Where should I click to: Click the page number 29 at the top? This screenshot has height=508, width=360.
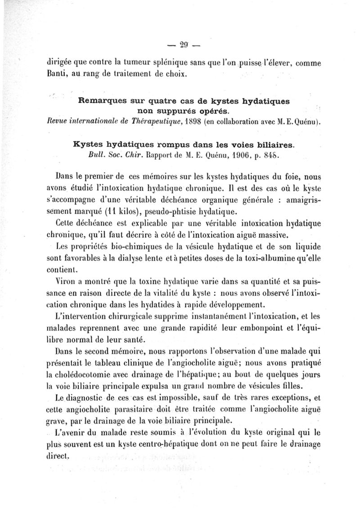tap(183, 45)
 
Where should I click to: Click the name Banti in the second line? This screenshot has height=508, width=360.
tap(56, 74)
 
